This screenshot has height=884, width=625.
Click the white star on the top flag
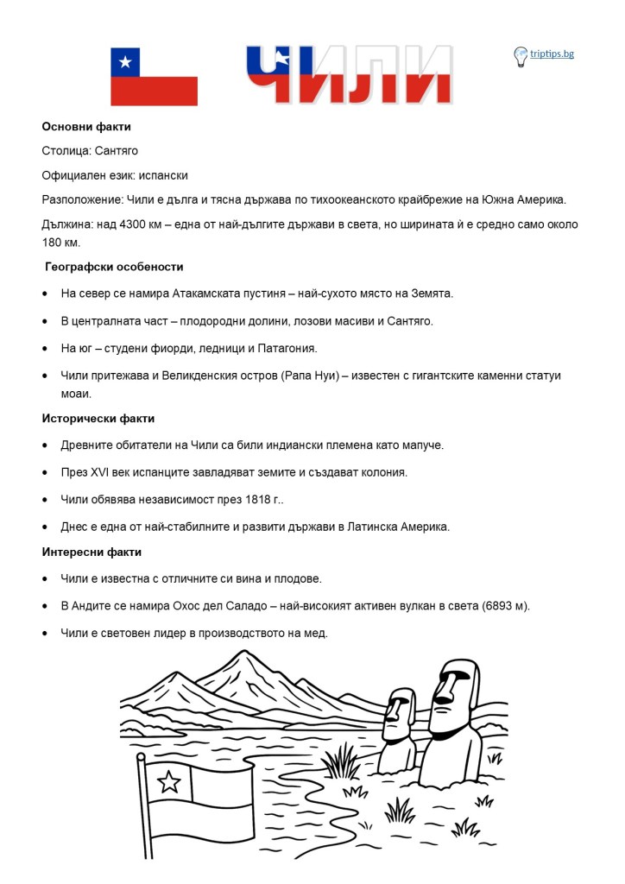[x=127, y=61]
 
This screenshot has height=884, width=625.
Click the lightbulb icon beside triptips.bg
[x=521, y=56]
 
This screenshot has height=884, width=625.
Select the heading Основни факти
[x=86, y=127]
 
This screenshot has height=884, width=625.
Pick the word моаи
[x=76, y=394]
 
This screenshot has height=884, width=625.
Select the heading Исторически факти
[x=98, y=419]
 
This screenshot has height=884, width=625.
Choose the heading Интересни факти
[x=92, y=552]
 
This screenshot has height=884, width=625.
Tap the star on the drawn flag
[x=170, y=782]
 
